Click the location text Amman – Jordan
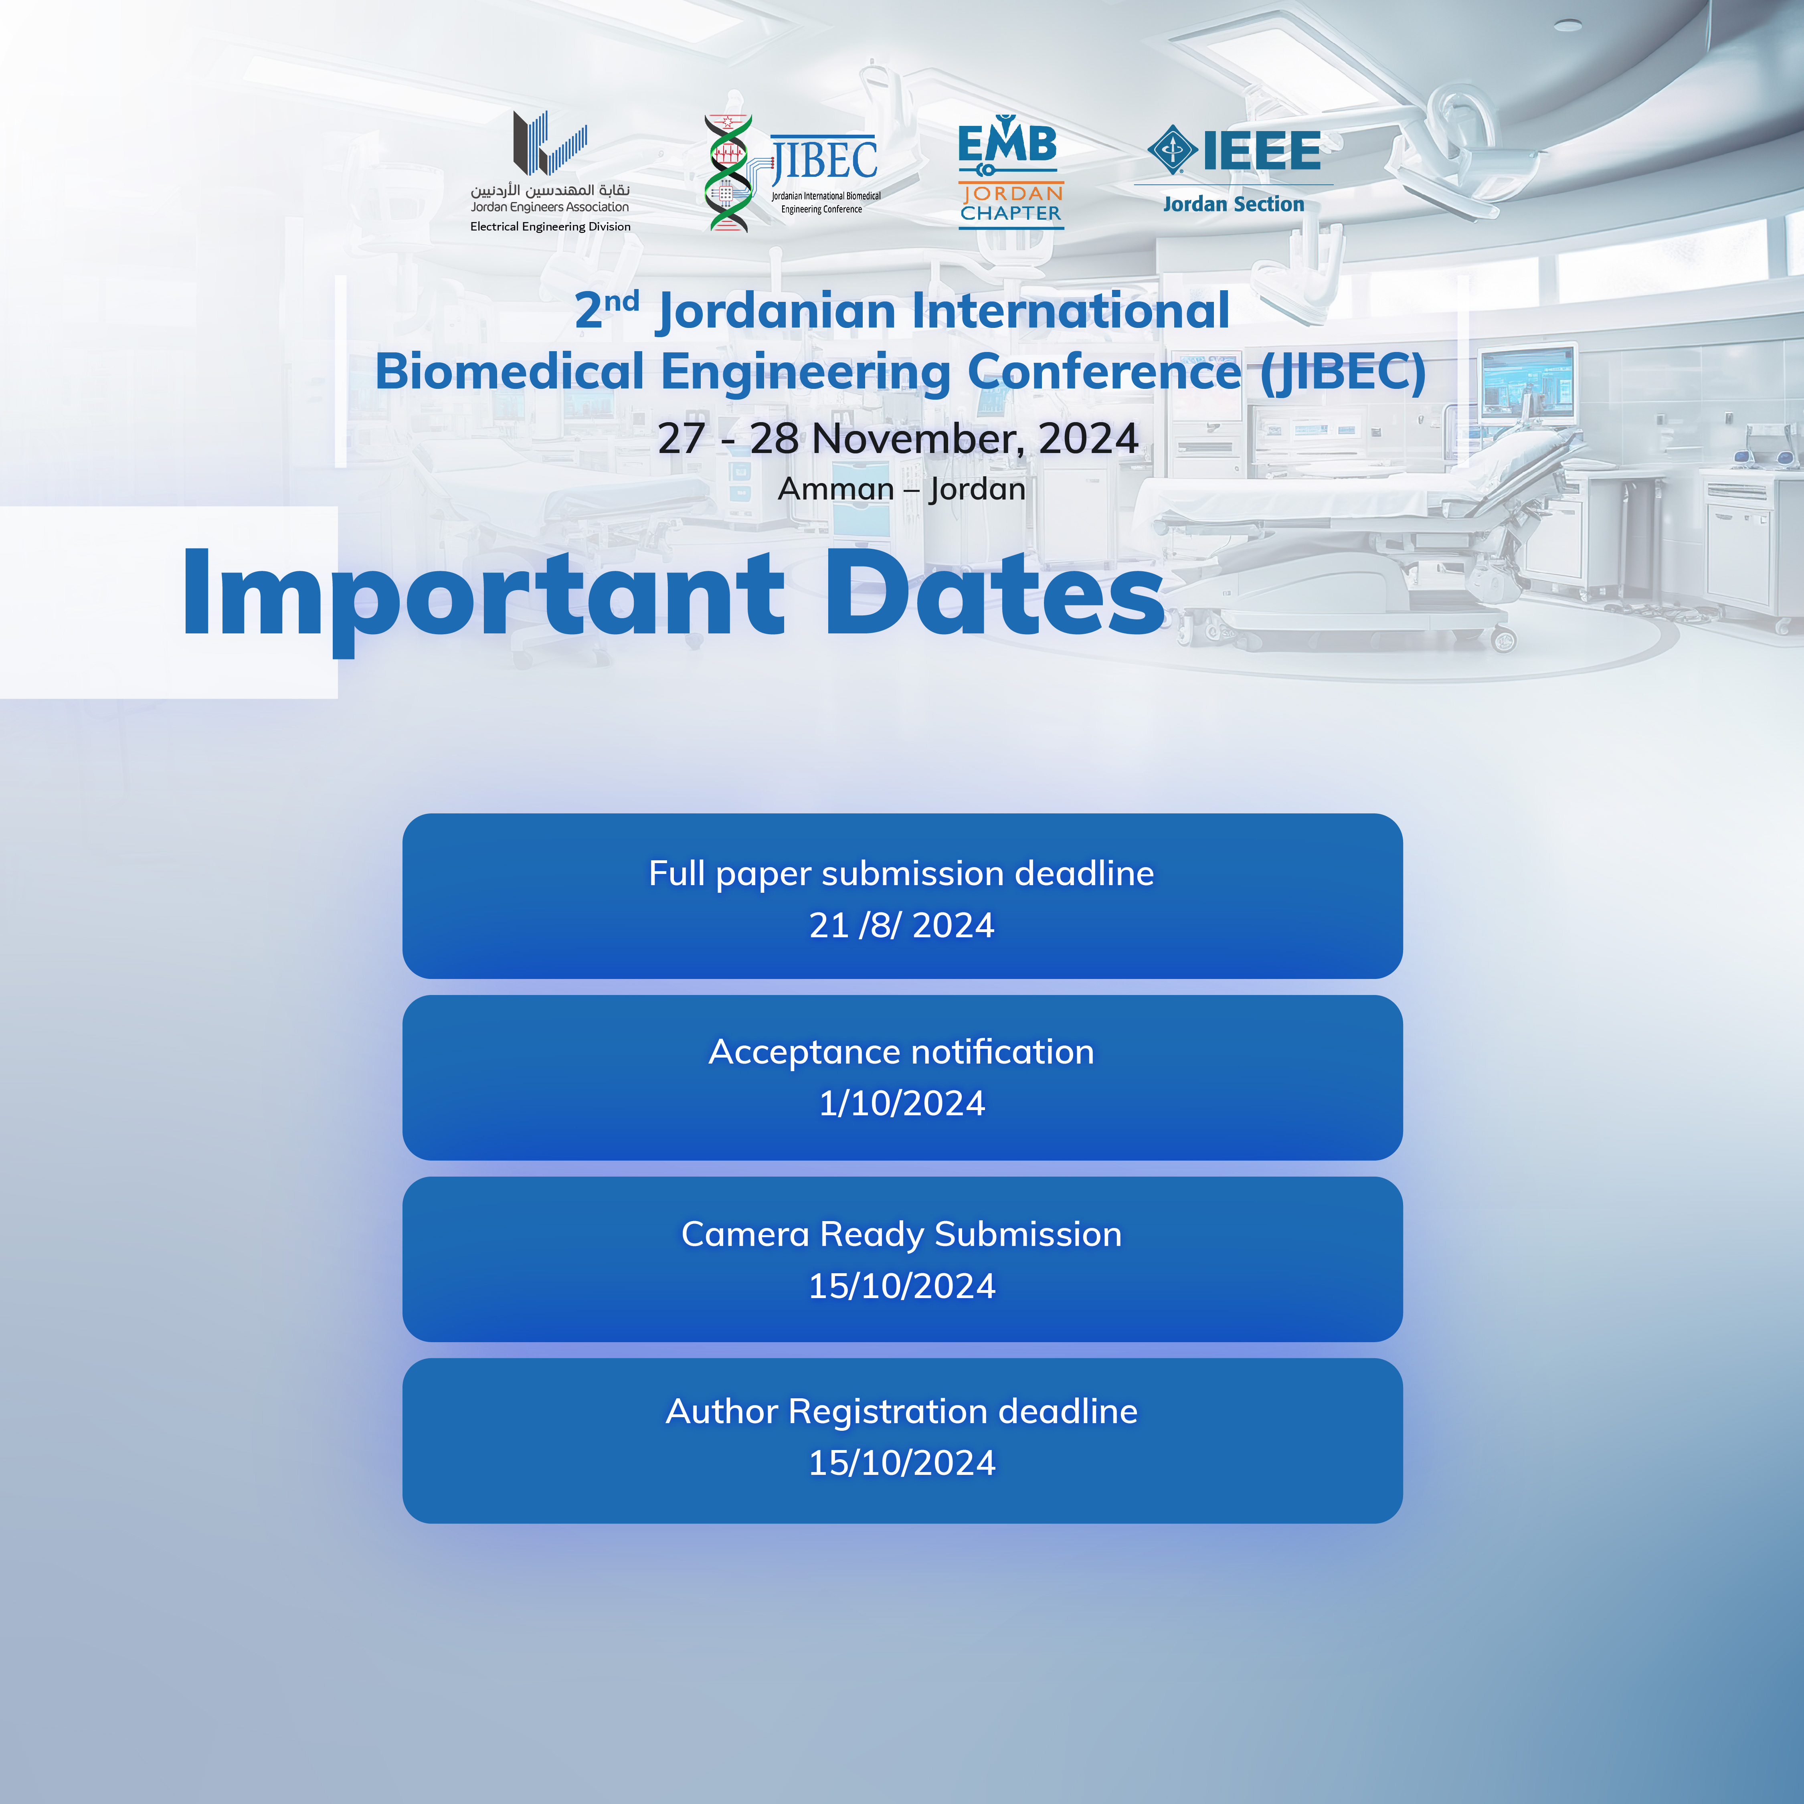[x=902, y=488]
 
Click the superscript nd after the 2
[x=621, y=301]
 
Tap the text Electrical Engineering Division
[x=550, y=227]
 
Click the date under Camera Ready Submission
[x=902, y=1286]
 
